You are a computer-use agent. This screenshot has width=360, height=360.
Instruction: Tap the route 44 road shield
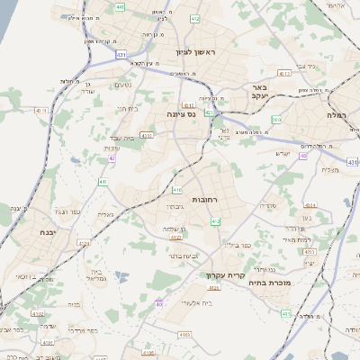[209, 113]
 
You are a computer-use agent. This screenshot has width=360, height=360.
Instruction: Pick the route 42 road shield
[112, 157]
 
